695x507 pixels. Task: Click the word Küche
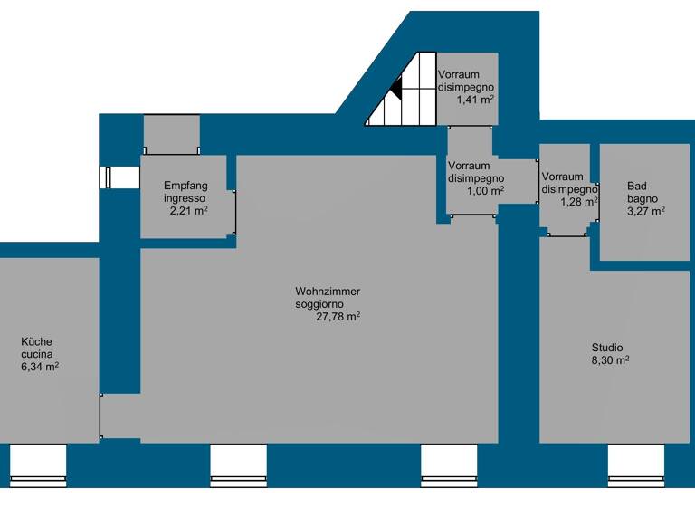[37, 342]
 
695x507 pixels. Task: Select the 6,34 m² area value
[39, 368]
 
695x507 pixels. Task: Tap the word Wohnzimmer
[328, 292]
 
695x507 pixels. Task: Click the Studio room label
[607, 348]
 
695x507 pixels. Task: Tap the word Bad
[637, 187]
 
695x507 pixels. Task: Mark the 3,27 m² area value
[645, 211]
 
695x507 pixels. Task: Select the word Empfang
[186, 186]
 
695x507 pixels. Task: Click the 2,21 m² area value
[188, 211]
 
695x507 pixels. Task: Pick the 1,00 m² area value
[485, 191]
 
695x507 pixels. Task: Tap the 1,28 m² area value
[579, 202]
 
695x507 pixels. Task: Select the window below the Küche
[38, 465]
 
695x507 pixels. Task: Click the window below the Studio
[636, 465]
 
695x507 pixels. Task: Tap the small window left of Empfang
[108, 177]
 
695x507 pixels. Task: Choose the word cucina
[36, 355]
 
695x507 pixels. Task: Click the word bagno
[643, 198]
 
